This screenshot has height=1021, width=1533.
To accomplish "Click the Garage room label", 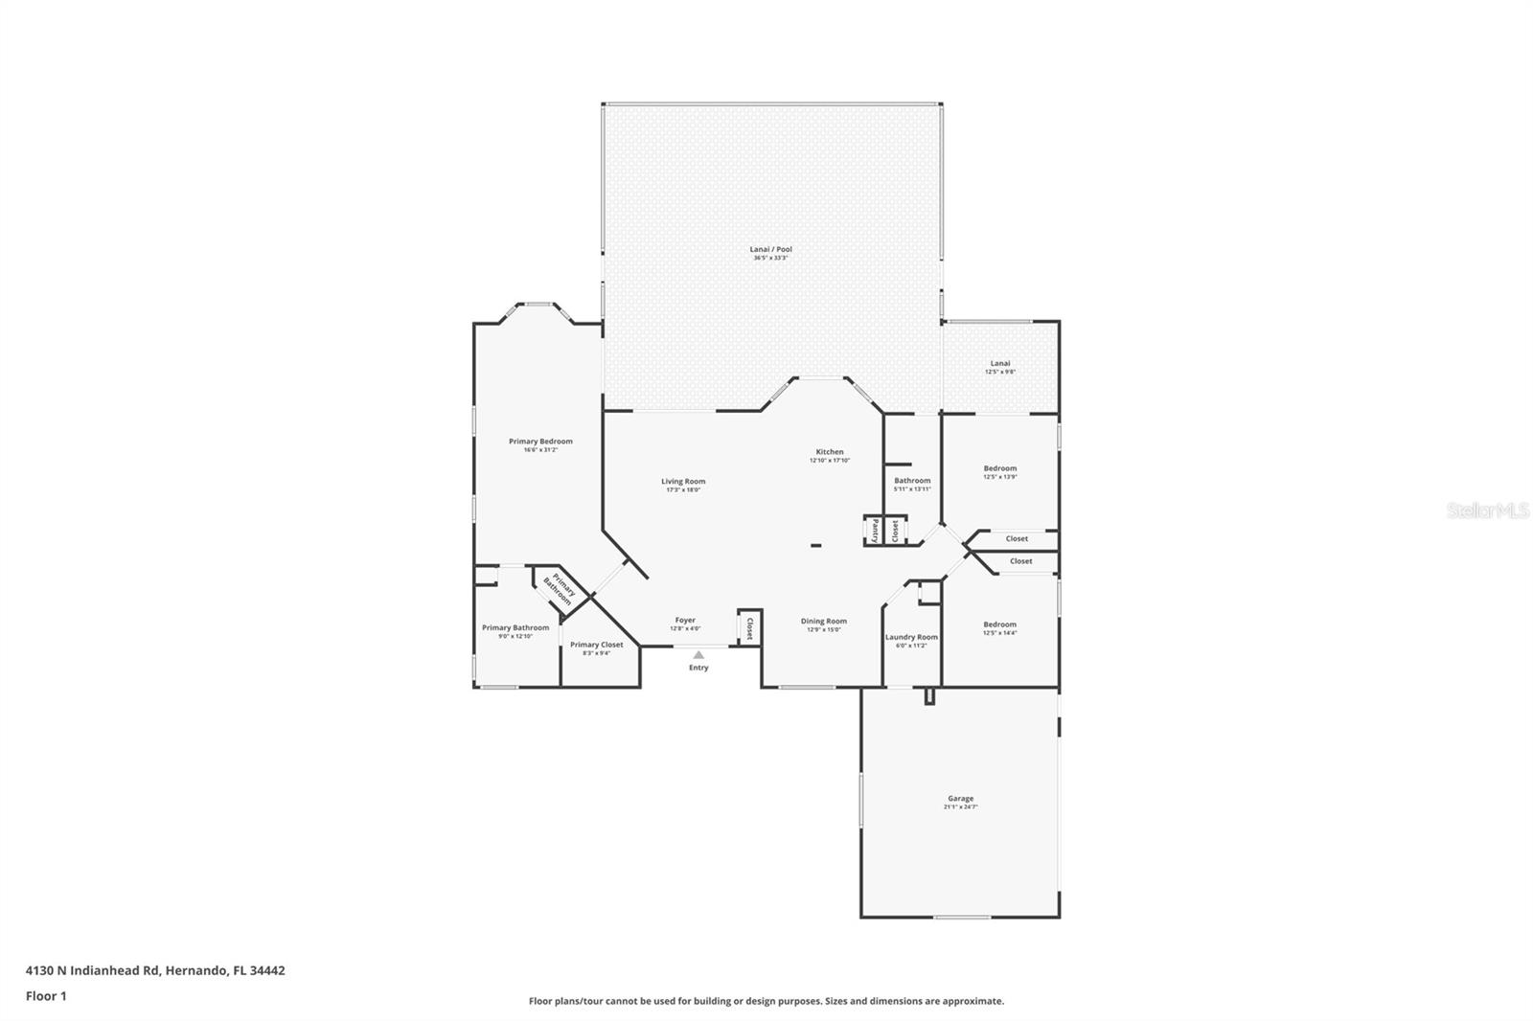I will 960,798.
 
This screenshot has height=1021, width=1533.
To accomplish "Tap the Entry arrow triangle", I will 698,655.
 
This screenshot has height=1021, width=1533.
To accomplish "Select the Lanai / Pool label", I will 770,249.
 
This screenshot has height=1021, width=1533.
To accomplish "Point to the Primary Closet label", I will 596,645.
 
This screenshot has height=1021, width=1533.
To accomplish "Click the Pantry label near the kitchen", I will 875,531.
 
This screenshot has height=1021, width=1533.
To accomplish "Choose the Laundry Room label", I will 911,637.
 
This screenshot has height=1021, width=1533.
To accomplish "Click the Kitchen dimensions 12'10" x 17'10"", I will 830,461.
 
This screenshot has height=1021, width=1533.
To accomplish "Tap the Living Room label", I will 683,482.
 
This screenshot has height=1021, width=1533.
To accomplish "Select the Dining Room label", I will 824,621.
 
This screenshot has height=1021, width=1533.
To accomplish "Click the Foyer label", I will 685,620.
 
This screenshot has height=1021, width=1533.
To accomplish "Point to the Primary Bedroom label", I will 540,442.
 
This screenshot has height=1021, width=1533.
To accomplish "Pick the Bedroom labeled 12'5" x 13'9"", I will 1000,468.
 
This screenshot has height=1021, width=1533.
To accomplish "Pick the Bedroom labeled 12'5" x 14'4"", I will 999,624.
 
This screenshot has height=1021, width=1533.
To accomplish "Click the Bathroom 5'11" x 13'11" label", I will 912,481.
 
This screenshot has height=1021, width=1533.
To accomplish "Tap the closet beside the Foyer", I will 749,627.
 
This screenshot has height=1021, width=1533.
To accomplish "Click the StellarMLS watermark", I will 1487,511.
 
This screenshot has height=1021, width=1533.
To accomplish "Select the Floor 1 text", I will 46,996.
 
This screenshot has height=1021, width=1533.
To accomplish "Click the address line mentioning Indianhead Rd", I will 155,970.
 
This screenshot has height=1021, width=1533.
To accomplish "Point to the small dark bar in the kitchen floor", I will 815,546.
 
